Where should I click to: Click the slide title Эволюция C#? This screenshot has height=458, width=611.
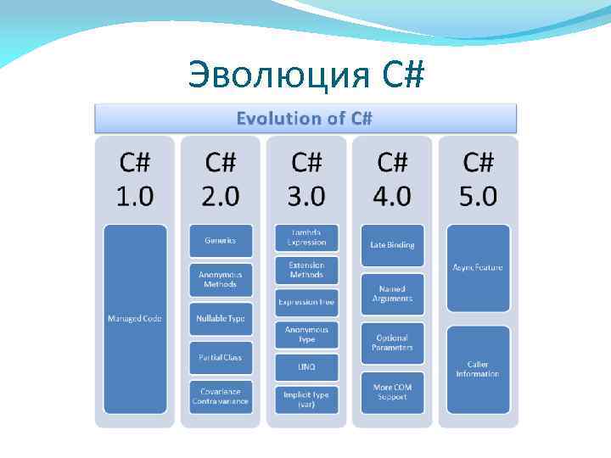(x=305, y=75)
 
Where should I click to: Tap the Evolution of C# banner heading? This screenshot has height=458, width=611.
(x=305, y=118)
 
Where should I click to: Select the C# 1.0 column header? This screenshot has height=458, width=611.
(x=135, y=179)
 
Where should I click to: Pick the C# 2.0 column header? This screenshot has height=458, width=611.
(x=221, y=179)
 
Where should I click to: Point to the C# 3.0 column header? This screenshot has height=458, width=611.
(x=306, y=179)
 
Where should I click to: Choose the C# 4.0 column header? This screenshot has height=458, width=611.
(x=392, y=179)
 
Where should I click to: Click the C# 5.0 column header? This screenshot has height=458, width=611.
(x=478, y=179)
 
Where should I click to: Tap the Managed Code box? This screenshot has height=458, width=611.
(x=135, y=319)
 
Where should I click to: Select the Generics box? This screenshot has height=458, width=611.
(x=221, y=240)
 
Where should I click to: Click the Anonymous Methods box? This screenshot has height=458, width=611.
(x=221, y=279)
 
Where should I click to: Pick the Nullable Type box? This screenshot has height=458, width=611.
(x=221, y=318)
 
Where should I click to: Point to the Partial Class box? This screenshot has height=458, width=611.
(x=221, y=357)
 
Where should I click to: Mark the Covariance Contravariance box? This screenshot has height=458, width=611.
(x=221, y=396)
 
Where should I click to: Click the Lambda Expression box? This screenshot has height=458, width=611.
(x=306, y=237)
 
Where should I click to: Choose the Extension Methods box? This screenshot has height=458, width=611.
(x=306, y=270)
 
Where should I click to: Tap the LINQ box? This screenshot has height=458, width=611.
(x=306, y=366)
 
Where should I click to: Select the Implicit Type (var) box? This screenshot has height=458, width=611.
(x=306, y=399)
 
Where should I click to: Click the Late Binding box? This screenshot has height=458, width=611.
(x=392, y=244)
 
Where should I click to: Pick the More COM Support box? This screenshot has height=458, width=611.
(x=392, y=392)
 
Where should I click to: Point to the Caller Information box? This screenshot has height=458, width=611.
(x=478, y=369)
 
